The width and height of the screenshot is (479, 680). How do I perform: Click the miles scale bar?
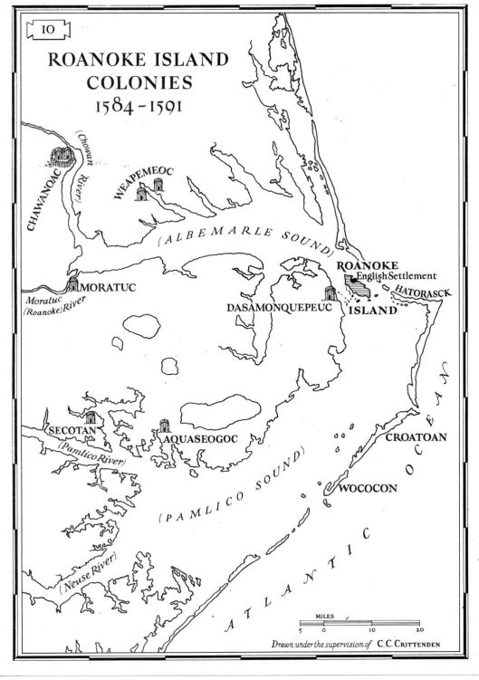(360, 624)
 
